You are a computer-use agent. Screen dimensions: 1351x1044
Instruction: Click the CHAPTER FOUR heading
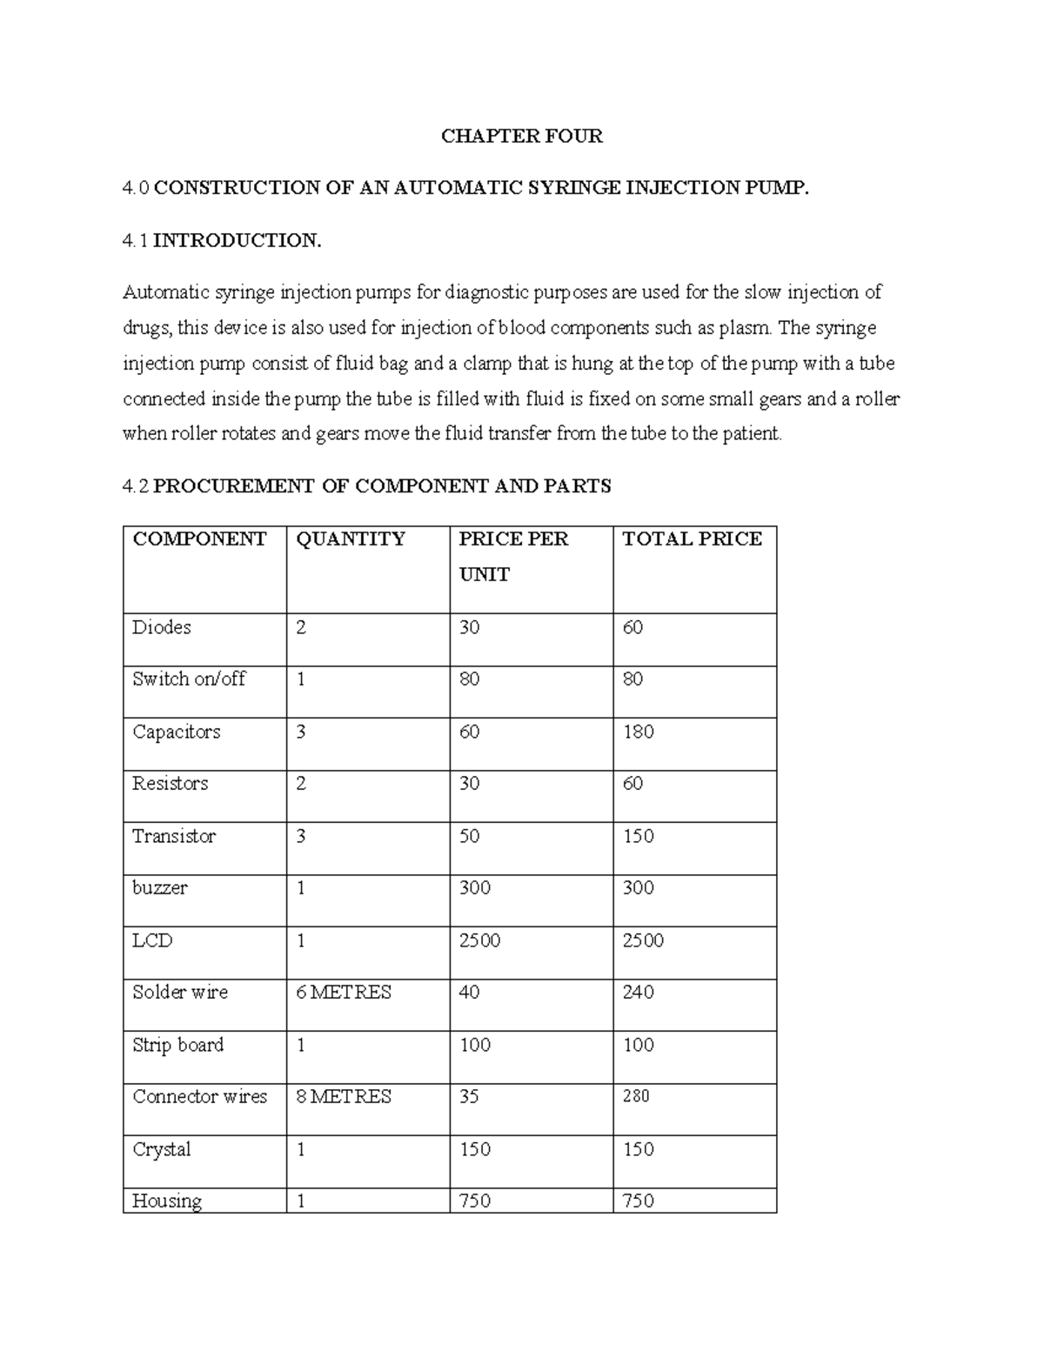pos(521,136)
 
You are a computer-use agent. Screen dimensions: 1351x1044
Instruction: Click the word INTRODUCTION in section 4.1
pos(237,241)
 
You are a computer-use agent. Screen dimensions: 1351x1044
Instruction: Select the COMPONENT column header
pos(199,539)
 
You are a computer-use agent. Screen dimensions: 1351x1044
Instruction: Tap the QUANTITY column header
pos(351,539)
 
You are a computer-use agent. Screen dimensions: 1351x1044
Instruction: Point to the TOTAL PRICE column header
pos(692,539)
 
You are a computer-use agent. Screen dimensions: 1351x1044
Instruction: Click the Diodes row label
pos(161,627)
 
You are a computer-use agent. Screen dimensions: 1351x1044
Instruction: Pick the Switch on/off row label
pos(189,679)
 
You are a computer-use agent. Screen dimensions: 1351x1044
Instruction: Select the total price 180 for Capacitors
pos(638,732)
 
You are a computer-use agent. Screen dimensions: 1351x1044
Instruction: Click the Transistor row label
pos(173,836)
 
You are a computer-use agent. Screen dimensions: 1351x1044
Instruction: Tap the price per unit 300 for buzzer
pos(474,888)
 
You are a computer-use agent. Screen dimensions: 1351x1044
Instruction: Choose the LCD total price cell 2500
pos(642,940)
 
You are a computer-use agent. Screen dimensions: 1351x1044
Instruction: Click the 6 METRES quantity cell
pos(344,993)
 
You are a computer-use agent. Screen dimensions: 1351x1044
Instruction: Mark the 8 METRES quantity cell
pos(344,1097)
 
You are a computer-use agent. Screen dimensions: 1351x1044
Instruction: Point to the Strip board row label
pos(177,1045)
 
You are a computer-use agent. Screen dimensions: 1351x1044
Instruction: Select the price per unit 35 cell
pos(469,1097)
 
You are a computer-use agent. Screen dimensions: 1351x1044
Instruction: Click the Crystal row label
pos(161,1149)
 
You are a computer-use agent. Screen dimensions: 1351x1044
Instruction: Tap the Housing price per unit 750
pos(474,1201)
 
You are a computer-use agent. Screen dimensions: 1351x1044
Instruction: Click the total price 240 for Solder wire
pos(638,993)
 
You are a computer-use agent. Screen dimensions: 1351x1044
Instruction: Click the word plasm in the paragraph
pos(748,329)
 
